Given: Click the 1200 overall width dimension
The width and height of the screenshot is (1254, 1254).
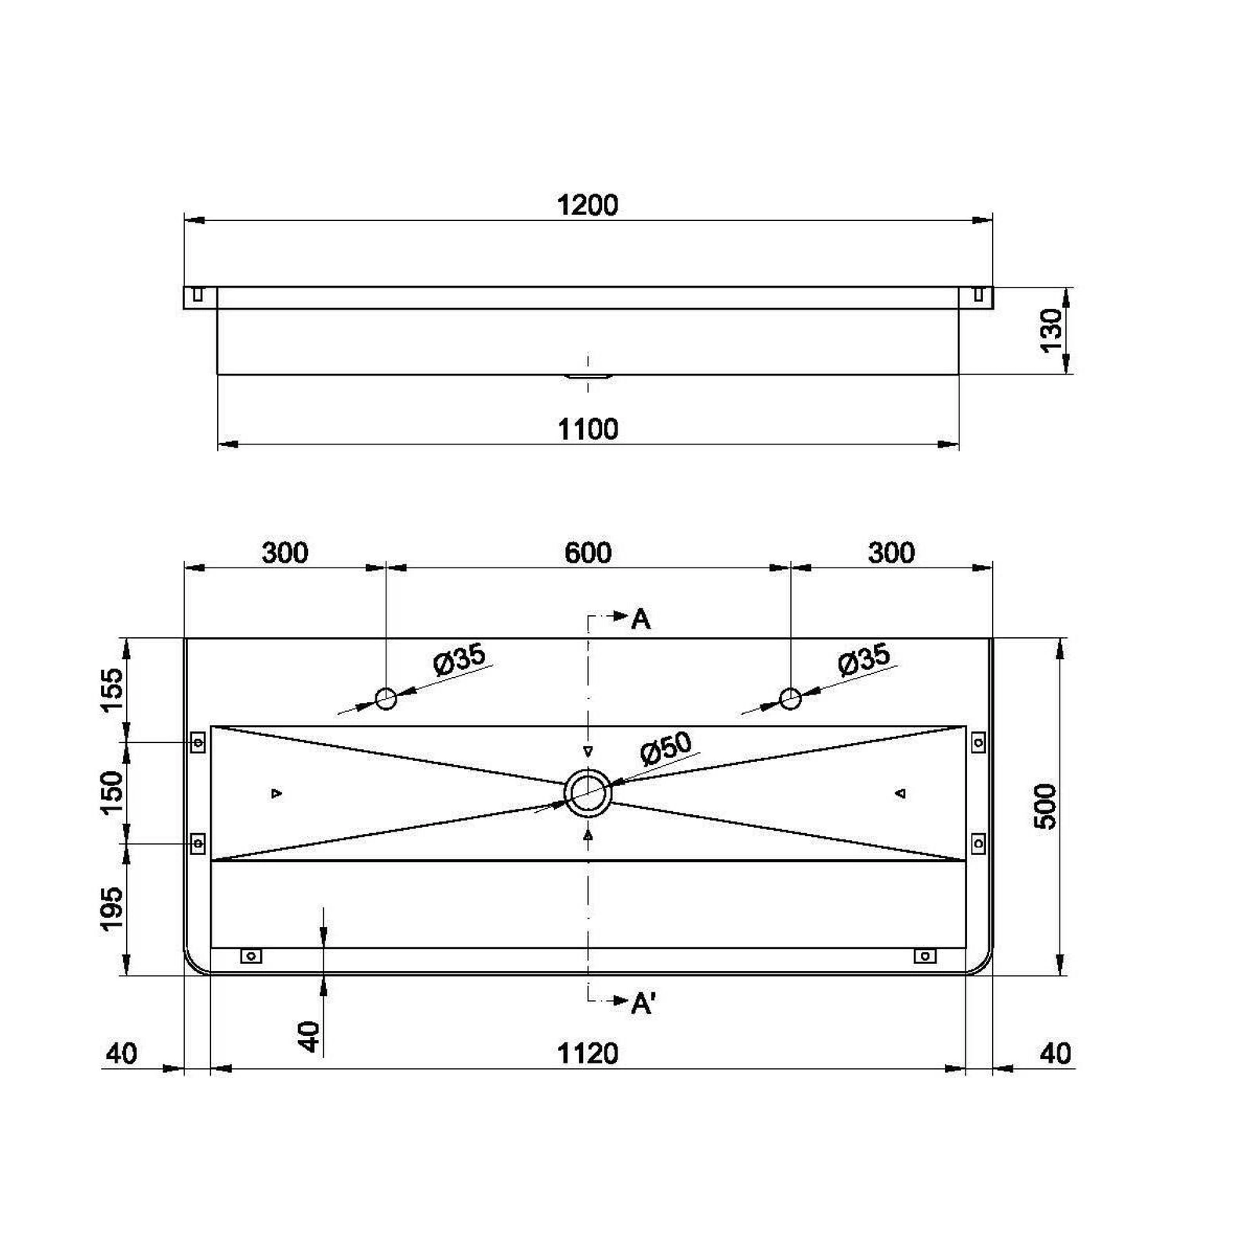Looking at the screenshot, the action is (x=588, y=205).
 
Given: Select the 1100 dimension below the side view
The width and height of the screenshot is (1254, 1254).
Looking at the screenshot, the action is (x=588, y=429).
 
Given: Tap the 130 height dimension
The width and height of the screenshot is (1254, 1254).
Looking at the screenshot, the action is (x=1051, y=330).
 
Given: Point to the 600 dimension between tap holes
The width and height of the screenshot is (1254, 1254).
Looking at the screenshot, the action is (x=588, y=553).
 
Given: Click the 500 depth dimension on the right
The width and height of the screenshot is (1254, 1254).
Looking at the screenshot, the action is (x=1046, y=806).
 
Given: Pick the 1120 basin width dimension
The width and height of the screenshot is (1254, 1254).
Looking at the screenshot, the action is (x=588, y=1053).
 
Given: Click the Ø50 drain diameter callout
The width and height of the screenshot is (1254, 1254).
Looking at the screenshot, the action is (x=666, y=748).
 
